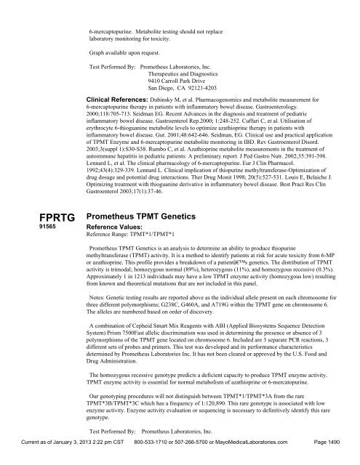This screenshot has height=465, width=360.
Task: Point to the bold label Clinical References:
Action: [x=116, y=97]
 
